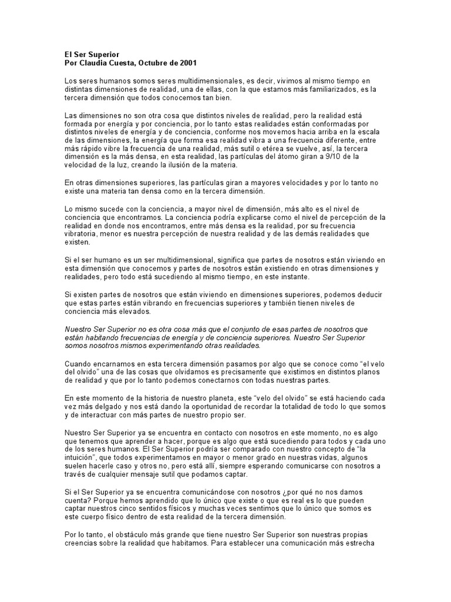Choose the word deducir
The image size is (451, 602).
click(x=368, y=294)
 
